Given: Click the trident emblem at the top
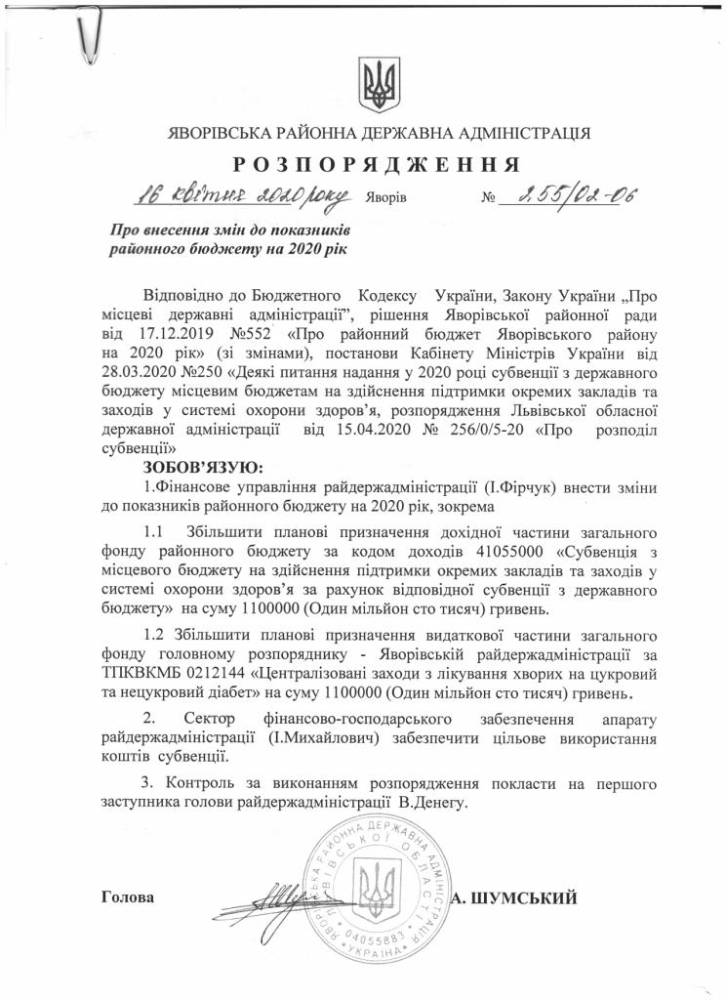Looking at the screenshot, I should (x=375, y=84).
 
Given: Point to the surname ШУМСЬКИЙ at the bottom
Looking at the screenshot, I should (x=532, y=896).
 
